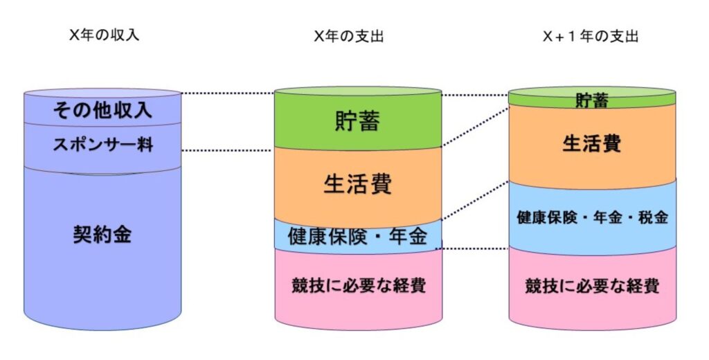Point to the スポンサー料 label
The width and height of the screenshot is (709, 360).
[x=102, y=145]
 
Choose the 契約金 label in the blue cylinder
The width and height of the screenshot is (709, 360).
[x=102, y=235]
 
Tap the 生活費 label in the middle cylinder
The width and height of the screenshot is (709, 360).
[x=358, y=183]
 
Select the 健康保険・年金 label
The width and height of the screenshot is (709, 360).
[x=358, y=236]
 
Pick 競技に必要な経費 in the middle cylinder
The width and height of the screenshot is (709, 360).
[x=358, y=285]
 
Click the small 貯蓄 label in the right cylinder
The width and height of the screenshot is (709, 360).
[x=592, y=101]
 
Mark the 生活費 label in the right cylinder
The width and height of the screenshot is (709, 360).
[x=592, y=143]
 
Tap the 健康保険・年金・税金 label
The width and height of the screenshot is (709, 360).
[x=592, y=217]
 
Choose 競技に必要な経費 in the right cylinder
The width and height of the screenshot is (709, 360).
[x=592, y=285]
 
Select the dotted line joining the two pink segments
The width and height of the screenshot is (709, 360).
[x=475, y=248]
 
